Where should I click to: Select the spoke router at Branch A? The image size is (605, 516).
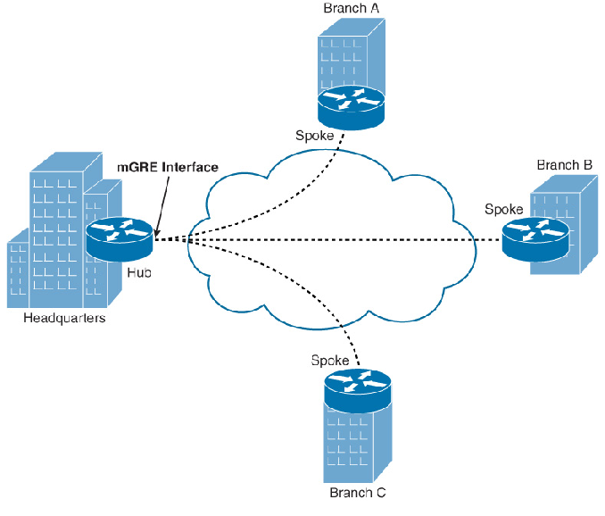point(350,105)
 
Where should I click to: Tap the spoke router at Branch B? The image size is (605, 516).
point(534,237)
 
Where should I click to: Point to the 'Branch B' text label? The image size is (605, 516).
point(564,165)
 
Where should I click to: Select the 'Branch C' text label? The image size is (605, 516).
point(358,492)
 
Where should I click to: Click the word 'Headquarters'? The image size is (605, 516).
point(64,319)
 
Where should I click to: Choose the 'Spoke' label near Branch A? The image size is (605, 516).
point(314,136)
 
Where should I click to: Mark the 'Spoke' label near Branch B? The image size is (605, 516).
point(503,209)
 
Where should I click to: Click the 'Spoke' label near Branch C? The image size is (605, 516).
point(330,361)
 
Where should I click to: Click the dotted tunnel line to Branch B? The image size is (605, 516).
point(357,239)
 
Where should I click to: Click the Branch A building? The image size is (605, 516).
point(344,58)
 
